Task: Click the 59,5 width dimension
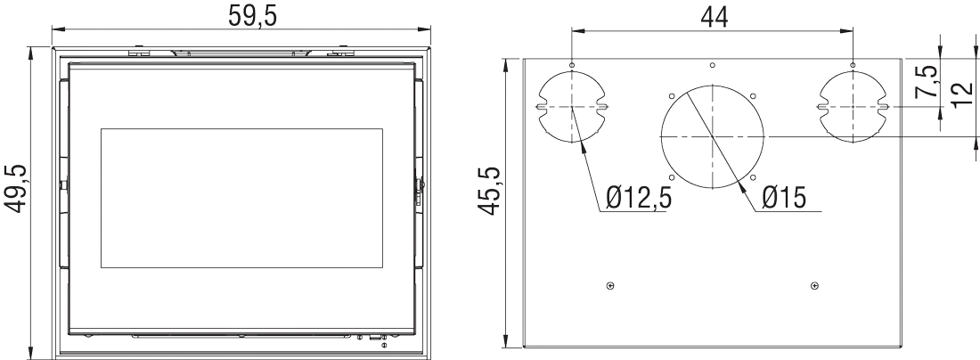242,17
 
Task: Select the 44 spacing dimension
713,16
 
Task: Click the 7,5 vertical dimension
927,82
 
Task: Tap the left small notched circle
571,106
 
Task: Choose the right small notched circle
853,106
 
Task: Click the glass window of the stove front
241,197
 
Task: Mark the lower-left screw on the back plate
609,285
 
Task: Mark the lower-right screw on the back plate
814,285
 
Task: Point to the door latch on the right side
419,191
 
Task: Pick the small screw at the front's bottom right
384,345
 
